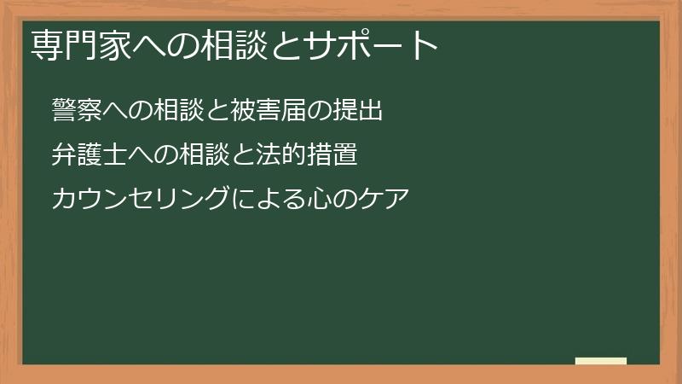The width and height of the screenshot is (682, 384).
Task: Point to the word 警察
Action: (73, 111)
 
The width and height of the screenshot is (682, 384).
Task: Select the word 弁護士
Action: (85, 156)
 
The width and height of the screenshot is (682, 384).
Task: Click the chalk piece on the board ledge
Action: (600, 361)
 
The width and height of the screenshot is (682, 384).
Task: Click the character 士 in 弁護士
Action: (107, 156)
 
